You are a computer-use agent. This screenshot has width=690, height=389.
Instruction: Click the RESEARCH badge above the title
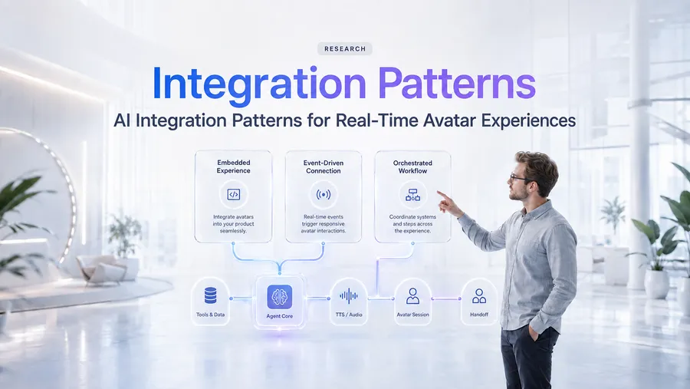pos(345,49)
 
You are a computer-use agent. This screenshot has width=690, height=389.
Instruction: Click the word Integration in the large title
pos(259,84)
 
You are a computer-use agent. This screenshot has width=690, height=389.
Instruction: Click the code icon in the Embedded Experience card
pos(233,194)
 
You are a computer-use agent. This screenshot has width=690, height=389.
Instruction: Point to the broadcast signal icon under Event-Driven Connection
pos(324,194)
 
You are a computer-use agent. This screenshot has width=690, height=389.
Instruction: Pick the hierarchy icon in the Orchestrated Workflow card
pos(412,194)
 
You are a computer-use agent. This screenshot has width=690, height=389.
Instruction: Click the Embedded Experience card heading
pos(233,166)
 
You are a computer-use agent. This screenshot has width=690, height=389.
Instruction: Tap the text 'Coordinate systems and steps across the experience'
pos(412,224)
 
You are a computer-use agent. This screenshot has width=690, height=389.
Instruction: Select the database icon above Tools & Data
pos(210,295)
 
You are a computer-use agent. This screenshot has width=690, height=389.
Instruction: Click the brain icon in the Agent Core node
pos(279,297)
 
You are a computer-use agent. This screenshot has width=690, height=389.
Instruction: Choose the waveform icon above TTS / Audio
pos(349,296)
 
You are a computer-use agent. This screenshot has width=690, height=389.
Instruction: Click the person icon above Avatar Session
pos(412,296)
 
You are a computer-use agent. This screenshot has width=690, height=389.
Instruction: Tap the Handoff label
pos(479,315)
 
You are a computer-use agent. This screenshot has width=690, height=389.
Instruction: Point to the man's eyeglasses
pos(519,179)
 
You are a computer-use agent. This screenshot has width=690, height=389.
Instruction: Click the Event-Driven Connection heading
pos(324,166)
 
